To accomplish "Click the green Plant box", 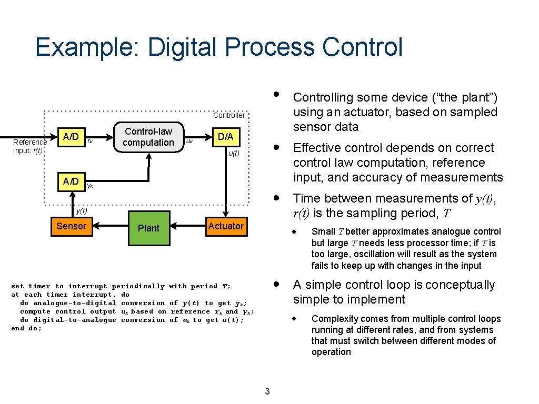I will point(149,228).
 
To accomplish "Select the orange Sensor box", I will point(71,226).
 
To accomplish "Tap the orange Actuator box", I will point(225,226).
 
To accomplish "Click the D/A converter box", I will point(225,137).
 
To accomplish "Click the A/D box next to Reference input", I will point(71,137).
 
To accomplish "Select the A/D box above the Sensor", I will point(71,181).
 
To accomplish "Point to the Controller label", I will point(228,115).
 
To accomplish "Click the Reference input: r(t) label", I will point(29,146).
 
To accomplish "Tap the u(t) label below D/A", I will point(233,154).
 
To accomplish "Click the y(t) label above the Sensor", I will point(81,210).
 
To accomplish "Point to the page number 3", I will point(267,391).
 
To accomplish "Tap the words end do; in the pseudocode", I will point(26,328).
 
